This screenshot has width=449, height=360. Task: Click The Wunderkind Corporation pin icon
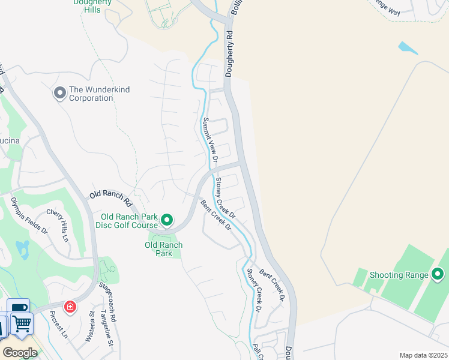(x=59, y=93)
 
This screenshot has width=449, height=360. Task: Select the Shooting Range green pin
(x=438, y=275)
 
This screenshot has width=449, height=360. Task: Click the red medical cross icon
(x=70, y=307)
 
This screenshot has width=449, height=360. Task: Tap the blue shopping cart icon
(x=22, y=324)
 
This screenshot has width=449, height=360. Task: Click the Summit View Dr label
(x=208, y=140)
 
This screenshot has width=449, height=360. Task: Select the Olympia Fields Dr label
(x=28, y=212)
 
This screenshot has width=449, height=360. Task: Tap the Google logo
(x=19, y=352)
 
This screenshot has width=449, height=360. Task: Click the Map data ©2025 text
(x=423, y=355)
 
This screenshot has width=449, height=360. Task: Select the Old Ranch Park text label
(x=163, y=249)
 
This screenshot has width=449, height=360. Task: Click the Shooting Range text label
(x=399, y=275)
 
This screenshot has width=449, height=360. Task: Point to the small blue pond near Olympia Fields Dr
(x=22, y=247)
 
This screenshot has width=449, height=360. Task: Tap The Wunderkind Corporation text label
(x=99, y=94)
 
